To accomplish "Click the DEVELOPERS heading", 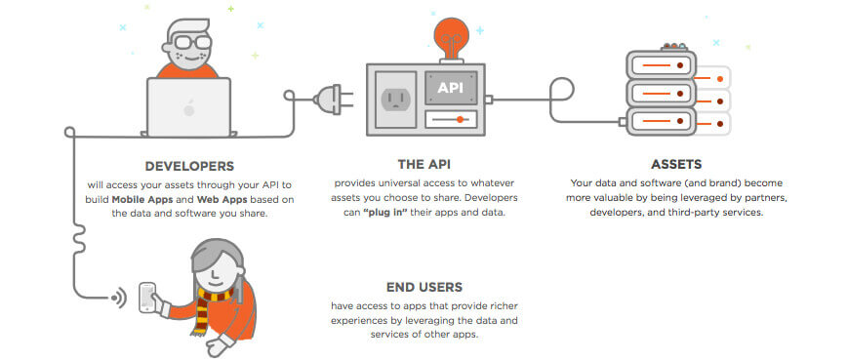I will pos(188,166).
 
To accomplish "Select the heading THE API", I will pos(424,166).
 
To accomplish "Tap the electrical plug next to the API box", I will pos(326,98).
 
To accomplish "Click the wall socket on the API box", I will pos(396,99).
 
